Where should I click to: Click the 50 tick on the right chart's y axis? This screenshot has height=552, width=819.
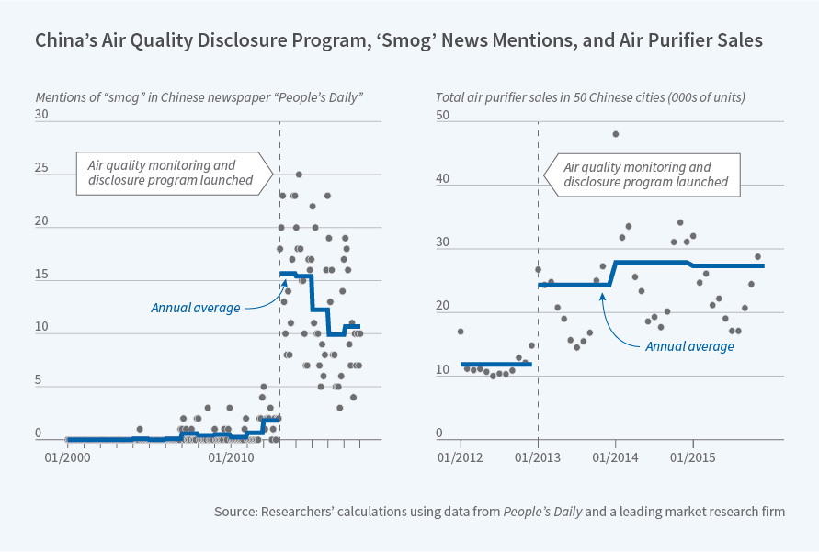[x=442, y=115]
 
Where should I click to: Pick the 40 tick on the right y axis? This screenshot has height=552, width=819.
[x=442, y=179]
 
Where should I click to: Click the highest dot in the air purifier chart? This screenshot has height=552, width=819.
[x=615, y=134]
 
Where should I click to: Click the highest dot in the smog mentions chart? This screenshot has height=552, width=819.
[x=299, y=175]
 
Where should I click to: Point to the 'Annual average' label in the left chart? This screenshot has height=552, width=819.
[x=196, y=308]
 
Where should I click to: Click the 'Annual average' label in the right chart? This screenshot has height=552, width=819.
[x=689, y=346]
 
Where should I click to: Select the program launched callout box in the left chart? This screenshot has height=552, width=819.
[x=172, y=173]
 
